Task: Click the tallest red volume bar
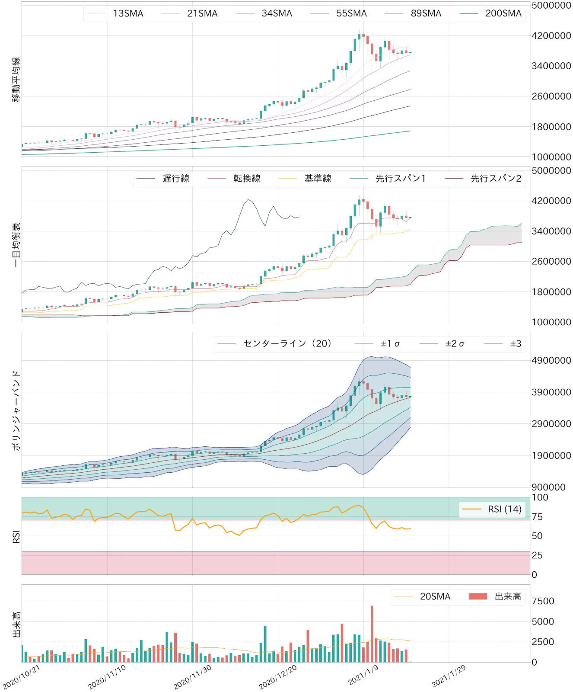pos(372,634)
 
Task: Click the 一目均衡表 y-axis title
pos(16,245)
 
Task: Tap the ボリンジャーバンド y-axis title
pos(16,410)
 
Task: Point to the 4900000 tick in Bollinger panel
pos(551,361)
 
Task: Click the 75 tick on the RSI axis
pos(537,517)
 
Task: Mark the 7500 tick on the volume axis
pos(543,601)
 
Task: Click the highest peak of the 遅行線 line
pos(248,200)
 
